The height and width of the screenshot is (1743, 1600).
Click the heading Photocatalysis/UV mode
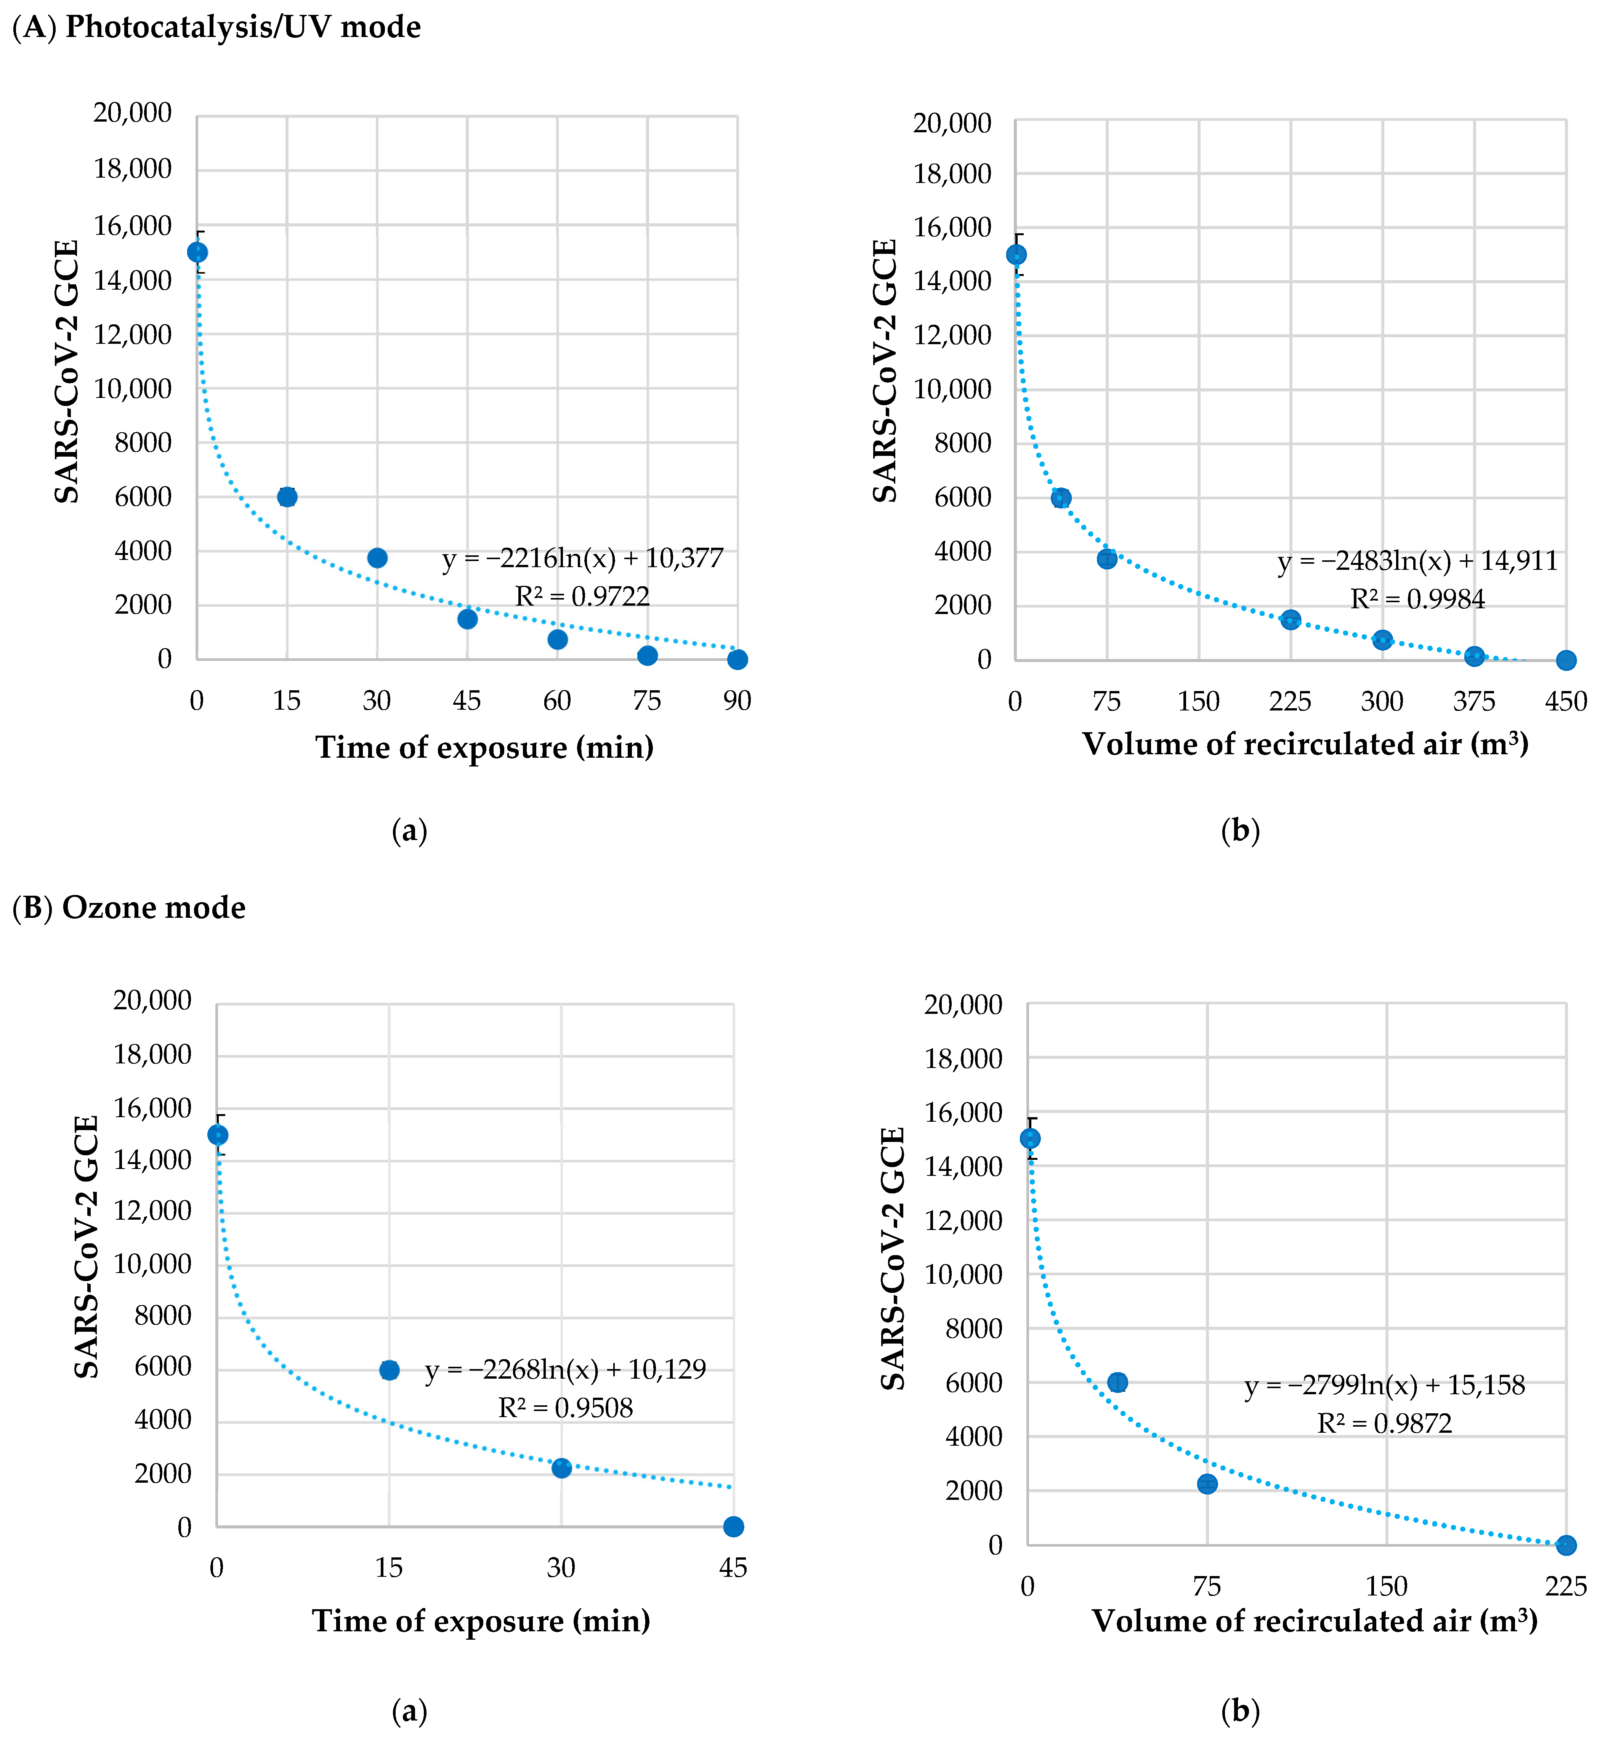pyautogui.click(x=242, y=27)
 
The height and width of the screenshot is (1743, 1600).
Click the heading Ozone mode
pyautogui.click(x=153, y=908)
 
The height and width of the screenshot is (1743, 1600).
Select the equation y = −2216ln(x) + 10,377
pyautogui.click(x=583, y=558)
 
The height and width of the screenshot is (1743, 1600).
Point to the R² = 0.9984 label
pyautogui.click(x=1417, y=599)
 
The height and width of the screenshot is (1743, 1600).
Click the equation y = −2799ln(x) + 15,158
pyautogui.click(x=1384, y=1385)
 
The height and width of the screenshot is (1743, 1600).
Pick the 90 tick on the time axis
pyautogui.click(x=737, y=701)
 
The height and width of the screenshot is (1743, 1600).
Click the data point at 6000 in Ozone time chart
pyautogui.click(x=390, y=1370)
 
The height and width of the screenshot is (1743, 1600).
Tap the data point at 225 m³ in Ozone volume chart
pyautogui.click(x=1565, y=1545)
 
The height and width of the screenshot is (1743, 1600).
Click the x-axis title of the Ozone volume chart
pyautogui.click(x=1314, y=1621)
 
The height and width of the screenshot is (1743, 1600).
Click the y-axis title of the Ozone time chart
pyautogui.click(x=87, y=1247)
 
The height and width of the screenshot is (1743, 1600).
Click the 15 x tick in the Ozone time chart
pyautogui.click(x=389, y=1567)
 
